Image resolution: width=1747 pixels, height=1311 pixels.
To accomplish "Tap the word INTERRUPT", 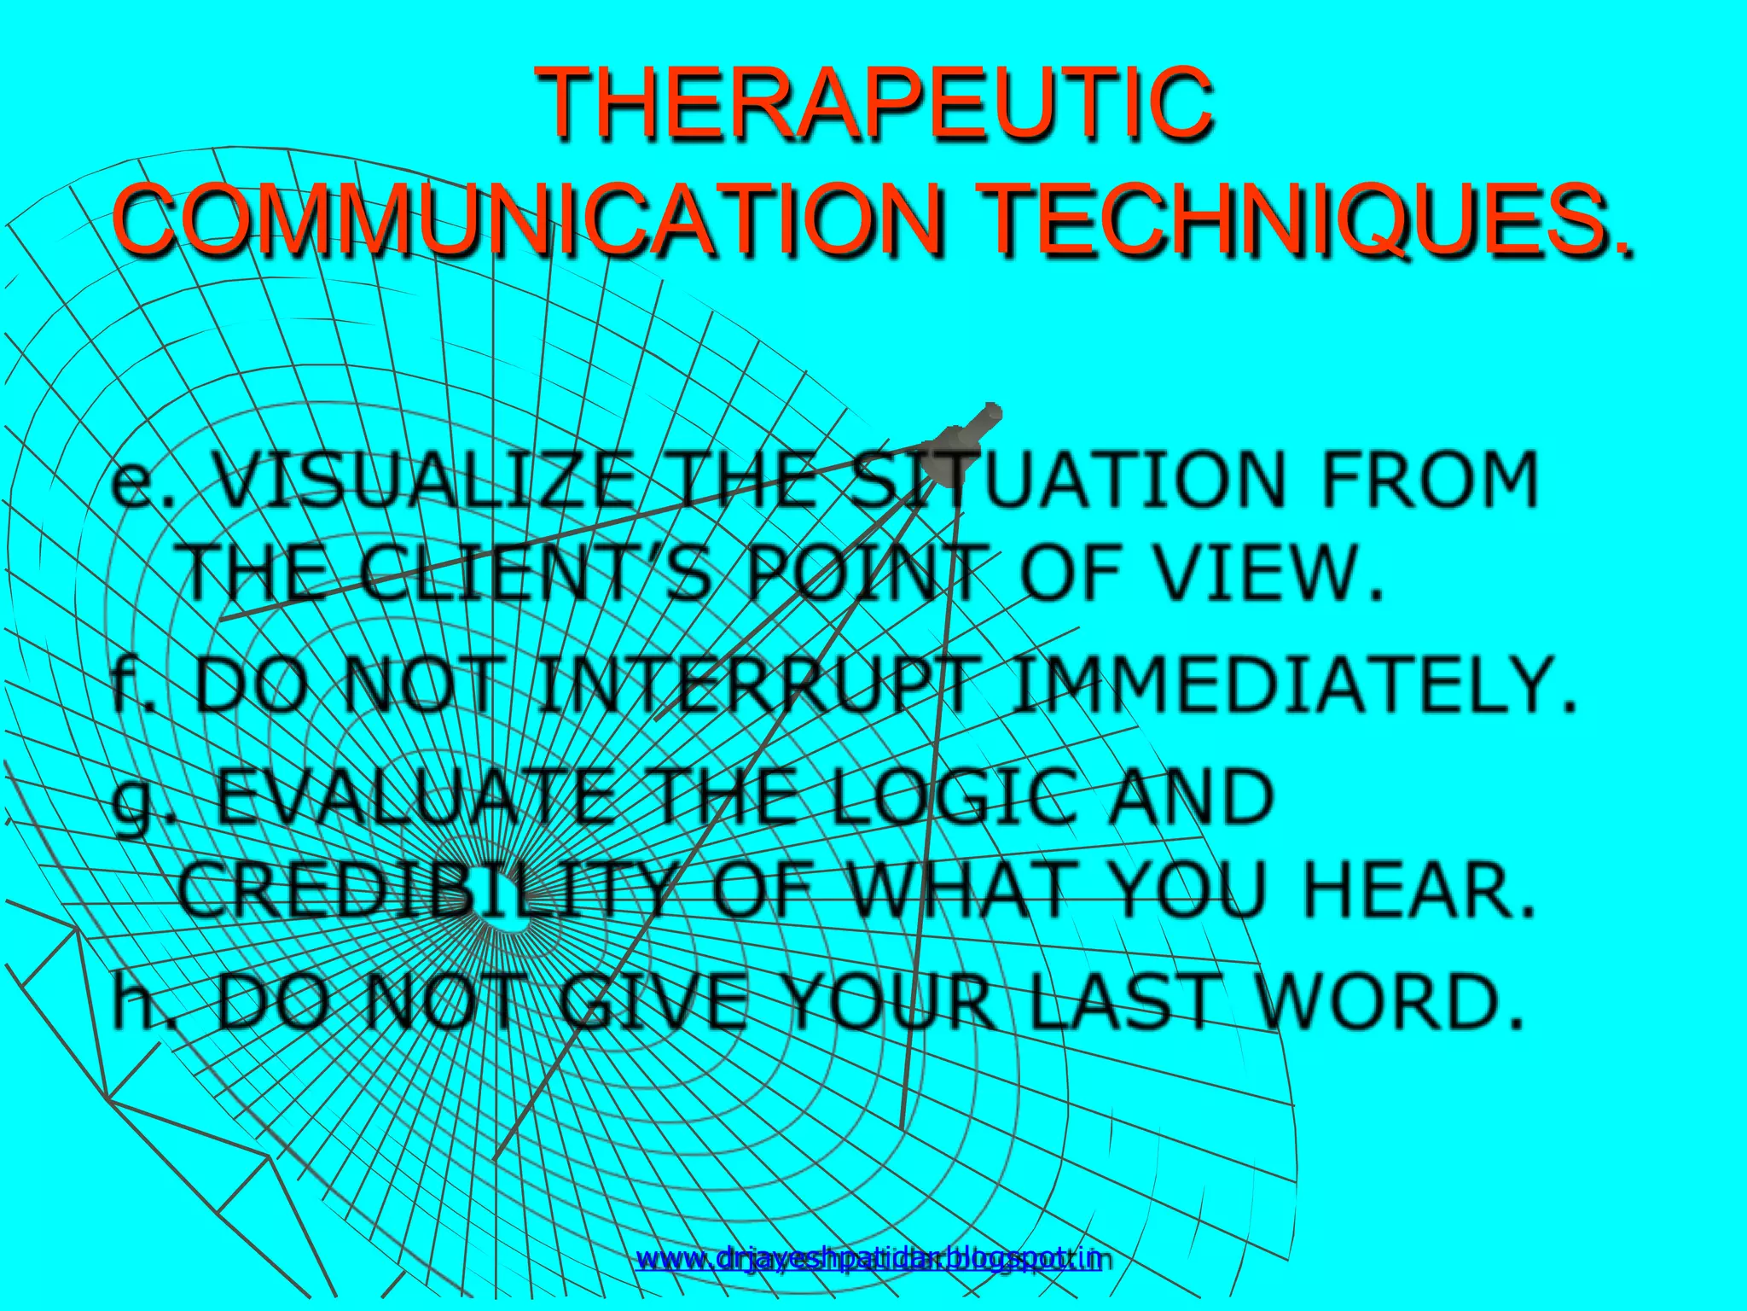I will pos(755,685).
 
